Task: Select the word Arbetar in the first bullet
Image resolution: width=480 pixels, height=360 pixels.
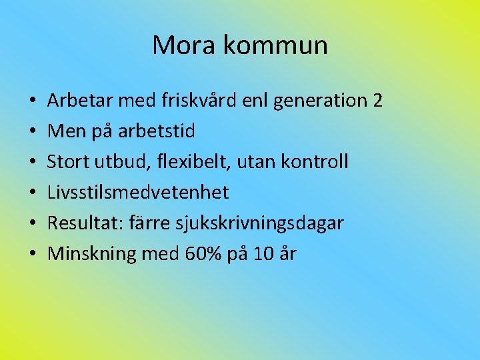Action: (x=80, y=101)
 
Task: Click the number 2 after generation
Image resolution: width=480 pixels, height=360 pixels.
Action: (x=378, y=101)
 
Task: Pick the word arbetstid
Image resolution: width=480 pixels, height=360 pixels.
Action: (x=157, y=131)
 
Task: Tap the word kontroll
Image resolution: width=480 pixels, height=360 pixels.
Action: (x=317, y=162)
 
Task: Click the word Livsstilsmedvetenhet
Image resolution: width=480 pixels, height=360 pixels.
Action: (x=138, y=193)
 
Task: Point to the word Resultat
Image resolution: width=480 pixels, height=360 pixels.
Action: (x=83, y=223)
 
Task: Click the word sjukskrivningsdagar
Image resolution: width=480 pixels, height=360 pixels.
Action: (x=259, y=223)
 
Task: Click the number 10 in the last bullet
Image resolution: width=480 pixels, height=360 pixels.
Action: (x=264, y=254)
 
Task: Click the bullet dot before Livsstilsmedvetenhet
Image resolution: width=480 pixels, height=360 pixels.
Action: (x=33, y=193)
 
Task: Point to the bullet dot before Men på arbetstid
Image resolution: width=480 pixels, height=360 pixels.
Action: (x=33, y=132)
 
